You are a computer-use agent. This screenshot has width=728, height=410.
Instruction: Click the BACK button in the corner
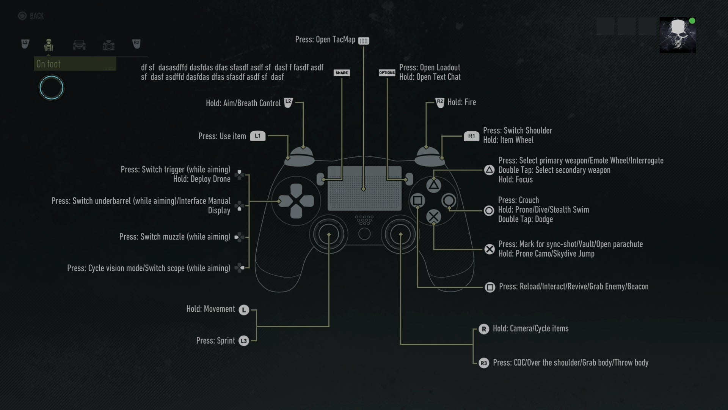[x=31, y=16]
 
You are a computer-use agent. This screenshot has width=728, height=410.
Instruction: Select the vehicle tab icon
[x=79, y=45]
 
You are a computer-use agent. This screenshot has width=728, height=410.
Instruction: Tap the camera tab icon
[x=108, y=46]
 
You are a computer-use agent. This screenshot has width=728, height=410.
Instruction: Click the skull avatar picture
[x=677, y=35]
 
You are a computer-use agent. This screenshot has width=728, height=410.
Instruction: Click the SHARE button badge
[x=341, y=73]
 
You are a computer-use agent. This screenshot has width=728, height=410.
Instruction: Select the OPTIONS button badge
[x=387, y=73]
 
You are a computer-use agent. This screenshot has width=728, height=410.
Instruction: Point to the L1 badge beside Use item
[x=257, y=136]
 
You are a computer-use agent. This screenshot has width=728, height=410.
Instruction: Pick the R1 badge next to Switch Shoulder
[x=471, y=136]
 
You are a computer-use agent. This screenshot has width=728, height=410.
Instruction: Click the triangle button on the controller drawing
[x=433, y=185]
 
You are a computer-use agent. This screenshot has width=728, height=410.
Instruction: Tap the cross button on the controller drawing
[x=433, y=217]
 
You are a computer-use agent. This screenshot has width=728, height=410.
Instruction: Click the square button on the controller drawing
[x=417, y=200]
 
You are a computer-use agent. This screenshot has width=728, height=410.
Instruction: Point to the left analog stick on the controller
[x=329, y=234]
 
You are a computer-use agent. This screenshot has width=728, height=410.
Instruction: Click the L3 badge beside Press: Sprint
[x=243, y=341]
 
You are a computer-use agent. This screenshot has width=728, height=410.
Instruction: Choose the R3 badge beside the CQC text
[x=483, y=363]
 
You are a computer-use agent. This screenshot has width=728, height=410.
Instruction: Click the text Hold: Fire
[x=461, y=102]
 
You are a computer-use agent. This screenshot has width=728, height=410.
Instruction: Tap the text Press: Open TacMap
[x=325, y=39]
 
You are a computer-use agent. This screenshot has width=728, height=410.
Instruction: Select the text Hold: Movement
[x=210, y=309]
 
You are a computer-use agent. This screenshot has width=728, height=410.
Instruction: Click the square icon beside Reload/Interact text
[x=490, y=287]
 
